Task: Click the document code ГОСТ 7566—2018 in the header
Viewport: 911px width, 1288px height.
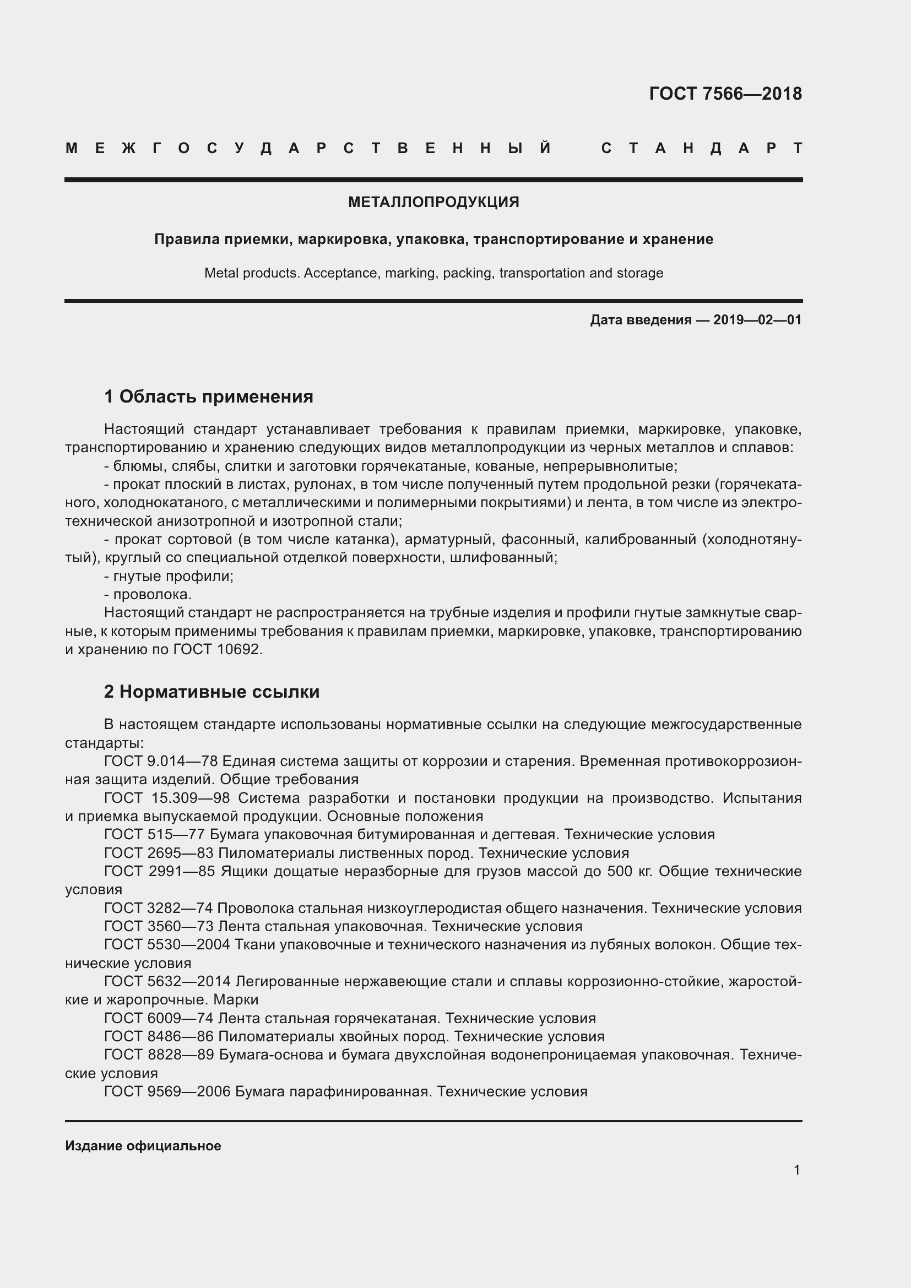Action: pos(725,94)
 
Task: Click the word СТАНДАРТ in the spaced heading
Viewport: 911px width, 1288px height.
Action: pos(701,149)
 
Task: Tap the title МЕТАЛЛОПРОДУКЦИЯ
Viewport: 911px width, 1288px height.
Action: pos(433,203)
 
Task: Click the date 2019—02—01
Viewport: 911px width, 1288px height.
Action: pos(757,320)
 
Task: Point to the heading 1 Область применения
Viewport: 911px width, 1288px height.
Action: pos(208,396)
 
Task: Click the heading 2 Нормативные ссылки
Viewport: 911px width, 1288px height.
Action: pos(212,692)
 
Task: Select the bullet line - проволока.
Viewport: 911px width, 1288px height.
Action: pos(148,595)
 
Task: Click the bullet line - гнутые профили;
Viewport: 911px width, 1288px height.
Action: pos(169,576)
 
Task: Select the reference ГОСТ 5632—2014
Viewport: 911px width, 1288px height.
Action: pos(167,981)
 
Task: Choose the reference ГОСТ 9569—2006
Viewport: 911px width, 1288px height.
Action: pos(167,1091)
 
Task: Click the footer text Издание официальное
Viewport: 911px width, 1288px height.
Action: pos(143,1145)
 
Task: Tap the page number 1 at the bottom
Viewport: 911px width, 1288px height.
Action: pos(796,1170)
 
